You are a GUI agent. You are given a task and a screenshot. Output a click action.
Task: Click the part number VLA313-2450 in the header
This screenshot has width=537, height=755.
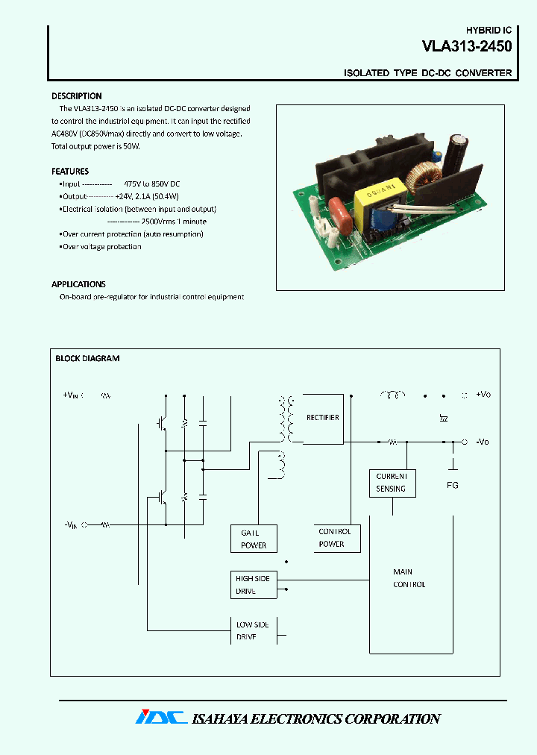(467, 47)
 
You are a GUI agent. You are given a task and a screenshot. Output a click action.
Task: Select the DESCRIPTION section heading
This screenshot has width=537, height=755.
(76, 96)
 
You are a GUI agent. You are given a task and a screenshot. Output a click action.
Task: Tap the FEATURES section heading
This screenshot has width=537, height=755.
(69, 171)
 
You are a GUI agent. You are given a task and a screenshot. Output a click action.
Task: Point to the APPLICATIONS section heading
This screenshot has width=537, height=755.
(78, 284)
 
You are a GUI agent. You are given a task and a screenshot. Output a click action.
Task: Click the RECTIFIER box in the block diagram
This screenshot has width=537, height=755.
(322, 418)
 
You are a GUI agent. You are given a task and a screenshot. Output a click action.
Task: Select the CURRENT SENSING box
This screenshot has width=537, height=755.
(392, 483)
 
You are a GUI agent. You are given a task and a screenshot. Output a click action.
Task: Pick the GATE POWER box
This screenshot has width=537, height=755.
(254, 539)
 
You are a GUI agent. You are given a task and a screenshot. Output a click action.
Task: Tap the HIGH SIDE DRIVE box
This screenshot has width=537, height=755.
(254, 585)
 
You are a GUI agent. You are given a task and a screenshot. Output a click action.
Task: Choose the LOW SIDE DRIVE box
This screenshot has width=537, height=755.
(254, 630)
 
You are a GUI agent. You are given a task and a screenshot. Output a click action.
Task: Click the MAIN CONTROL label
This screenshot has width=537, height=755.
(409, 578)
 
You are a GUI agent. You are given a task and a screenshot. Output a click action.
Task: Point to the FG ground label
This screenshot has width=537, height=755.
(453, 485)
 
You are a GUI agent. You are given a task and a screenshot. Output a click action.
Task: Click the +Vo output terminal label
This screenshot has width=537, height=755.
(483, 394)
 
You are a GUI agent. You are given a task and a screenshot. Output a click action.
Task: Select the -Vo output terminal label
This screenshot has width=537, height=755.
(483, 442)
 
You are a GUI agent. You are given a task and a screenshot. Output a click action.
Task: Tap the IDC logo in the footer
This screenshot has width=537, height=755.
(160, 718)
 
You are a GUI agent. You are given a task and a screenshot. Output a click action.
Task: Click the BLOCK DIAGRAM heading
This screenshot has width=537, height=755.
(87, 358)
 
